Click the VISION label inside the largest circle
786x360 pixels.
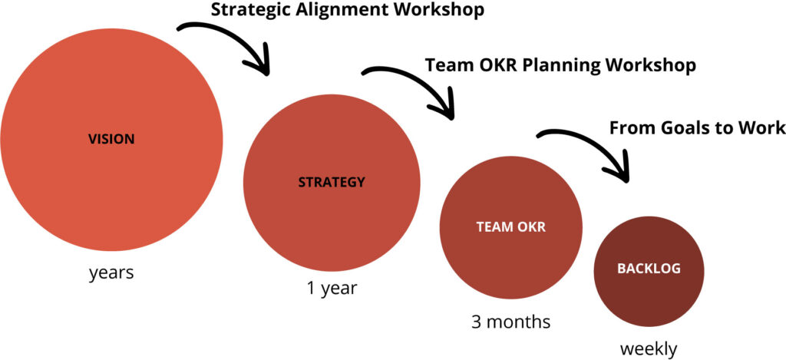click(x=111, y=140)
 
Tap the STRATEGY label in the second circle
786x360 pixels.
click(x=332, y=183)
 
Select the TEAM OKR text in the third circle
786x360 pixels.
click(x=510, y=227)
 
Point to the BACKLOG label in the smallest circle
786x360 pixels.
click(x=649, y=269)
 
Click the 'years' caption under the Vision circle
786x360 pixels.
click(x=111, y=272)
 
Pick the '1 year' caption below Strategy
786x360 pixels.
click(x=332, y=289)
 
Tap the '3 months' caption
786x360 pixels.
click(x=510, y=321)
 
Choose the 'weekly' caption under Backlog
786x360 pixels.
click(x=649, y=349)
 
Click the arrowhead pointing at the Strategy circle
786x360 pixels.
click(x=263, y=67)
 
